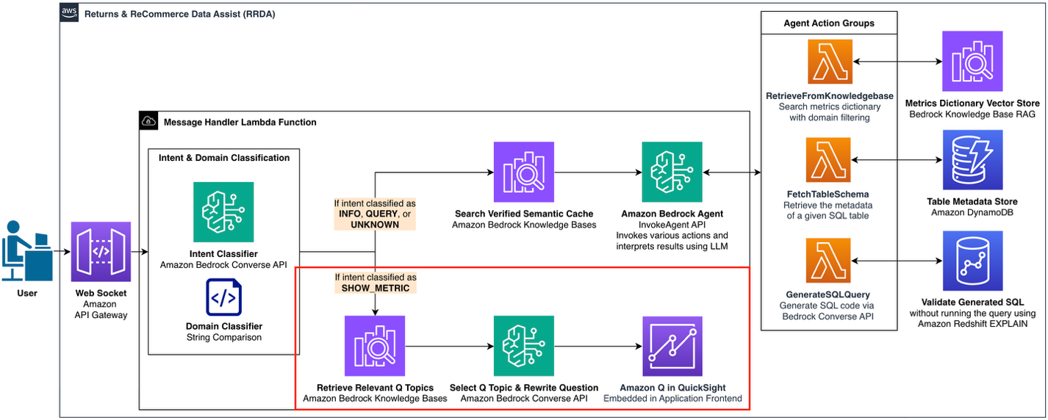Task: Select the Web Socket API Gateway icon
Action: pyautogui.click(x=101, y=252)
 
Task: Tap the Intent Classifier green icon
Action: pyautogui.click(x=223, y=212)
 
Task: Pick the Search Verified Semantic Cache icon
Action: pyautogui.click(x=524, y=172)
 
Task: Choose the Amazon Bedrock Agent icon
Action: pyautogui.click(x=672, y=172)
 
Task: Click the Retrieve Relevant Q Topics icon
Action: pyautogui.click(x=375, y=346)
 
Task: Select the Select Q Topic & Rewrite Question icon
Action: pyautogui.click(x=524, y=346)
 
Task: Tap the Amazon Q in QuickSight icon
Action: pyautogui.click(x=672, y=346)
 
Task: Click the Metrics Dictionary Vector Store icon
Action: pyautogui.click(x=972, y=62)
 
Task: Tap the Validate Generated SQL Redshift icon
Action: pyautogui.click(x=972, y=261)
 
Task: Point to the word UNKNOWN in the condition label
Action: pyautogui.click(x=375, y=225)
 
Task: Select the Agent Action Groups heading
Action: pyautogui.click(x=828, y=23)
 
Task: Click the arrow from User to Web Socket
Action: pyautogui.click(x=62, y=252)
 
